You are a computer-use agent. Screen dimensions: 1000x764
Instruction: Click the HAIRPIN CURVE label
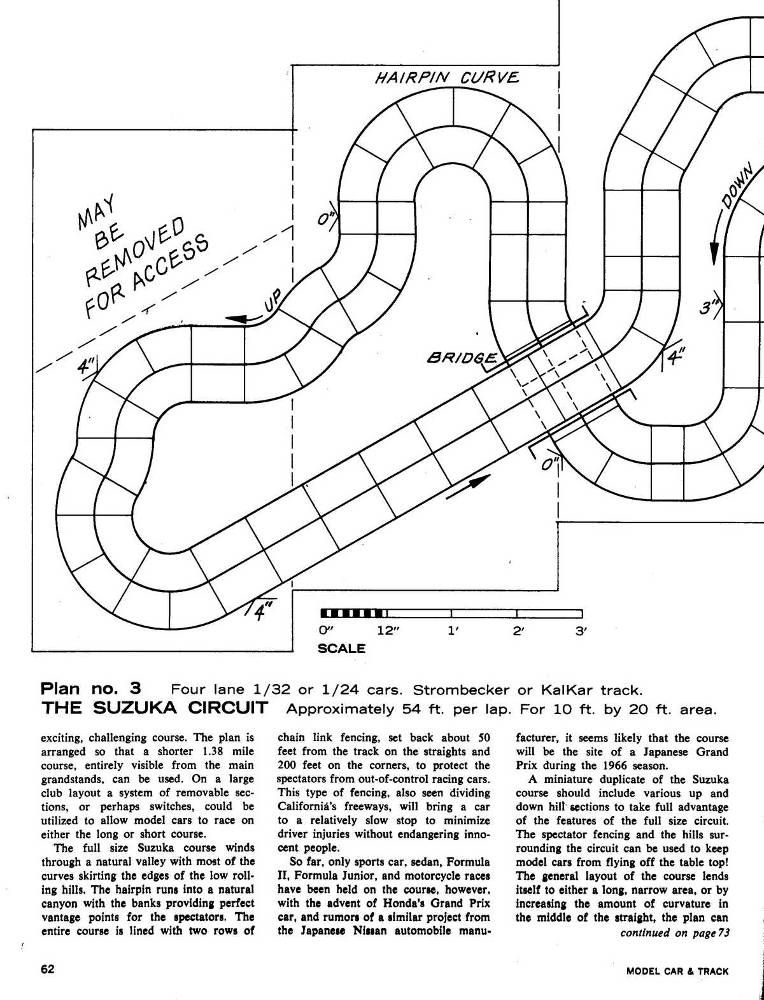pos(447,78)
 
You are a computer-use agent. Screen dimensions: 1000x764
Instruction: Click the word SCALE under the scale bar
pos(341,649)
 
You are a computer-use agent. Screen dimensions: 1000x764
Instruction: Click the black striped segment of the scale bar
pos(353,613)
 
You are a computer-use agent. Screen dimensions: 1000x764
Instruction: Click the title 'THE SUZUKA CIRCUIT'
pos(153,708)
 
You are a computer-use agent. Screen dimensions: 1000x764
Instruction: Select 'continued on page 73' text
pos(674,933)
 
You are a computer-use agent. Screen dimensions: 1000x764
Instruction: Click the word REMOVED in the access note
pos(136,250)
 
